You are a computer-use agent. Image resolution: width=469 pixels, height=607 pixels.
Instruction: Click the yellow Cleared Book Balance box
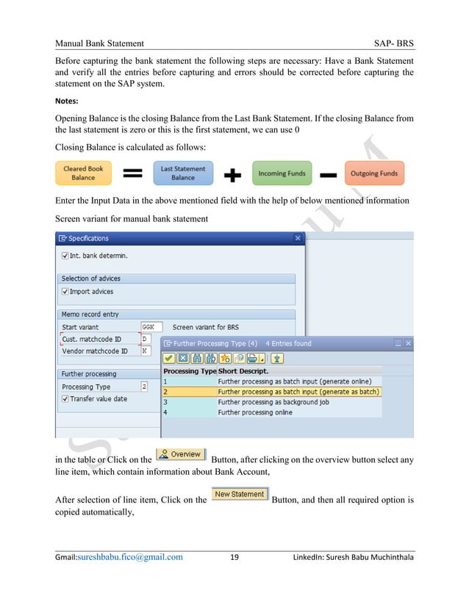[x=83, y=173]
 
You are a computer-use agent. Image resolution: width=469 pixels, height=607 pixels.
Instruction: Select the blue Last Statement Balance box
[x=183, y=173]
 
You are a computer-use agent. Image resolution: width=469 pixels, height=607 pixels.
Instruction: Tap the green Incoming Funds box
[x=282, y=173]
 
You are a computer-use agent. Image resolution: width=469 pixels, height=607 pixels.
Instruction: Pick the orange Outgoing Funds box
[x=374, y=173]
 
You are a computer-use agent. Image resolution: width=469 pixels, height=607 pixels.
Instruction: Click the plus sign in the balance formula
[x=232, y=174]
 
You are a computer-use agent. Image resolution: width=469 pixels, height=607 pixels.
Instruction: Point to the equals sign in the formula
[x=132, y=174]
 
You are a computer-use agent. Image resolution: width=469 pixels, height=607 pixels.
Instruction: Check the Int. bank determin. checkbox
[x=65, y=256]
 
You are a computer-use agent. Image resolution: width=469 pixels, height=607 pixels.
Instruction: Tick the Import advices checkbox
[x=65, y=292]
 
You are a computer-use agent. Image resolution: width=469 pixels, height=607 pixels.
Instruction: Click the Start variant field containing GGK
[x=151, y=327]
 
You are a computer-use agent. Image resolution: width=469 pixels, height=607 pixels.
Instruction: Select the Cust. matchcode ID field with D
[x=146, y=339]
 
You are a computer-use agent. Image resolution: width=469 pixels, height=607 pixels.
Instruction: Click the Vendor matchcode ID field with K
[x=146, y=351]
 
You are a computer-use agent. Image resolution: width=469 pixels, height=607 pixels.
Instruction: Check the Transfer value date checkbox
[x=65, y=399]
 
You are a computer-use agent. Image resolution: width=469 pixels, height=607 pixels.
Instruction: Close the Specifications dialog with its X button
[x=298, y=239]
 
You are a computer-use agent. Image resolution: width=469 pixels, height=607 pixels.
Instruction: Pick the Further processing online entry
[x=254, y=412]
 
